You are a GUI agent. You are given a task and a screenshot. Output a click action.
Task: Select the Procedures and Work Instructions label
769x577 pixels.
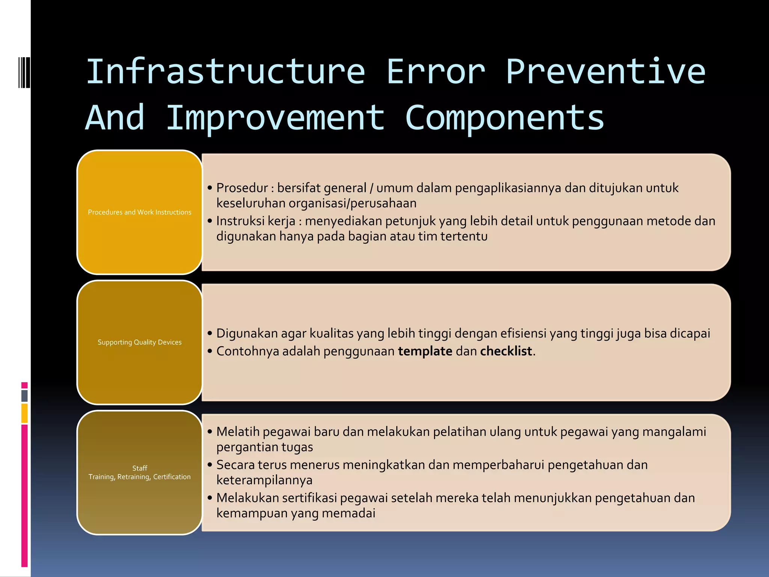tap(139, 212)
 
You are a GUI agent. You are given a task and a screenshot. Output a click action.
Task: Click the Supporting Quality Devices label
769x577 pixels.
tap(139, 342)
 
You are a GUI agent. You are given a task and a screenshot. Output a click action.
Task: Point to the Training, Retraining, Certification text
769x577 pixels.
tap(139, 477)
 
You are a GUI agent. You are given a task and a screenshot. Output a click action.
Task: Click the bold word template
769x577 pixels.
tap(425, 351)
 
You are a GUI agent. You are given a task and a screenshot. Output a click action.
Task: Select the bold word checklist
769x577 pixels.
tap(506, 351)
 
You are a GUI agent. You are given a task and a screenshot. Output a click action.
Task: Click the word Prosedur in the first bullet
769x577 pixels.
tap(242, 188)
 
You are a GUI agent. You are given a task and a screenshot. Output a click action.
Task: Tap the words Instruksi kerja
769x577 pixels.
tap(256, 221)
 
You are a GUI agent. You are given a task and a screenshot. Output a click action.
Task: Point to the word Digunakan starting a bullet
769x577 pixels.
tap(247, 333)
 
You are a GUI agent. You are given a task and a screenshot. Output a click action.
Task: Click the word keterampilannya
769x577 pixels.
tap(264, 480)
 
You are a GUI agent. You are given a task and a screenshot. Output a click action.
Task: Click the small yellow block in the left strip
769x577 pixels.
tap(24, 413)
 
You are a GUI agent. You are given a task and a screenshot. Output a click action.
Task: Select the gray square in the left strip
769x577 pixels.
tap(24, 396)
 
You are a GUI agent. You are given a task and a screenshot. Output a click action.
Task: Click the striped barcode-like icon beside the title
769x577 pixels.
tap(24, 72)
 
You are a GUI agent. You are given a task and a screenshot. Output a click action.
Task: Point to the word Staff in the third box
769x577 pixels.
tap(139, 468)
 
